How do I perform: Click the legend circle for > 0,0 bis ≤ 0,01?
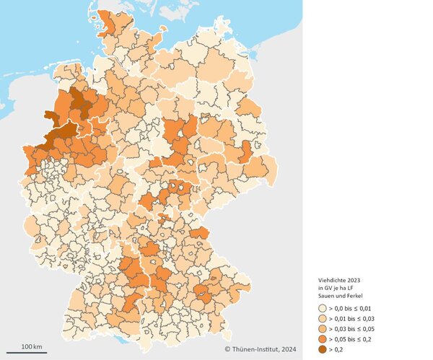[322, 308]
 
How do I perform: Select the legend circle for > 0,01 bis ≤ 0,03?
[322, 318]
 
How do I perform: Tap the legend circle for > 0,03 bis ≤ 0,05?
[322, 328]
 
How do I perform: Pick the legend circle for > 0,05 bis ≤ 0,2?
[322, 338]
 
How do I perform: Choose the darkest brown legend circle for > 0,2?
[322, 348]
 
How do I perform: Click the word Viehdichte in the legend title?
[332, 279]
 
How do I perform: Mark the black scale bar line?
[32, 353]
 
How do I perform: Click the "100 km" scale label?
[32, 347]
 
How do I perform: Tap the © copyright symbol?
[227, 349]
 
